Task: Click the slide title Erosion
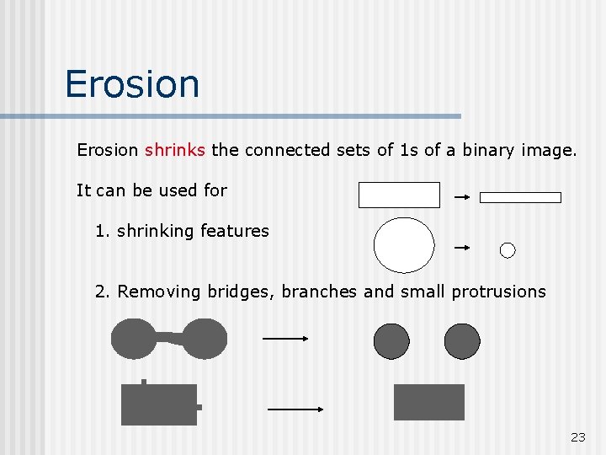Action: tap(132, 84)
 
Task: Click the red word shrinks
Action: tap(174, 151)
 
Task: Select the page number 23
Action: tap(577, 436)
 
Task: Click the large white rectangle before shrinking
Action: tap(399, 195)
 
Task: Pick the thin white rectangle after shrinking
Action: tap(520, 197)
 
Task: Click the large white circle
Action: tap(404, 245)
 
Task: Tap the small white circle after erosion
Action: tap(508, 249)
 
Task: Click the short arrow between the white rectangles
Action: tap(461, 197)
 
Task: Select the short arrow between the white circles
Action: tap(461, 248)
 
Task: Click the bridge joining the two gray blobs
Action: tap(171, 338)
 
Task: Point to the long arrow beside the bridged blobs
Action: tap(286, 339)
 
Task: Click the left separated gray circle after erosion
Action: tap(391, 341)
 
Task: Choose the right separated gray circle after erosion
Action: tap(461, 341)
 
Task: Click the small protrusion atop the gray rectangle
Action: tap(144, 382)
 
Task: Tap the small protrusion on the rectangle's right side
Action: tap(199, 407)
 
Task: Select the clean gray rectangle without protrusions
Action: tap(429, 402)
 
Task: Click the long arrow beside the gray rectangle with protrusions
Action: tap(295, 409)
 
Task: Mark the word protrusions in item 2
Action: tap(498, 292)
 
